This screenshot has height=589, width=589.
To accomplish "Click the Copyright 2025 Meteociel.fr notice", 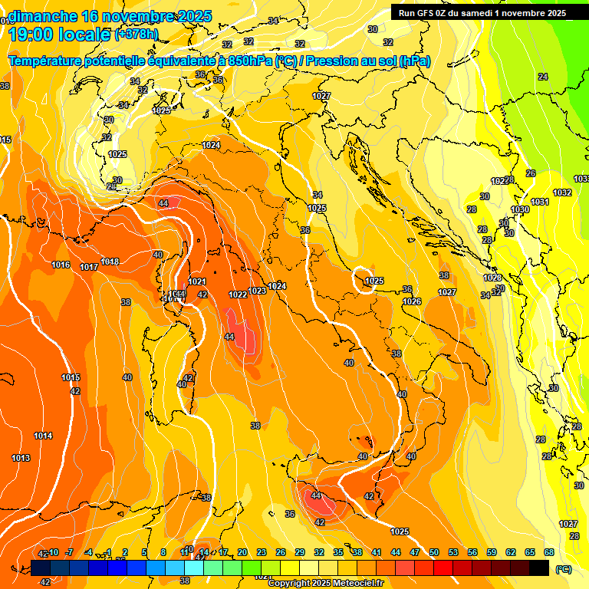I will pos(325,583).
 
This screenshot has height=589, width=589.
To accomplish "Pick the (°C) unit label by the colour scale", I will pos(563,570).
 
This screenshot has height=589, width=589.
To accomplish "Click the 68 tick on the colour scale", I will pos(549,552).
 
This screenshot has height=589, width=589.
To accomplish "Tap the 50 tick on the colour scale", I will pos(434,552).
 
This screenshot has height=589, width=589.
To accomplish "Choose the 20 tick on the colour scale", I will pos(242,552).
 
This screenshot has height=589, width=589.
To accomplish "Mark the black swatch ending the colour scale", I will pos(539,568).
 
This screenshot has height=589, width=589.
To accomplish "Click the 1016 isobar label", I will pos(61,265).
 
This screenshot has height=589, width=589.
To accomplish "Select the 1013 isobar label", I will pos(21,458).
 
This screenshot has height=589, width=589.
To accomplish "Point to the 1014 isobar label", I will pos(43,436).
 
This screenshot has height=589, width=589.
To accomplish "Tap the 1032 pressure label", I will pos(562,192).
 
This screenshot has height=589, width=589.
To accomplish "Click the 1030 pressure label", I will pos(520,209).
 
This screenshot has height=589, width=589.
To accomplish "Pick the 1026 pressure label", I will pos(412,301).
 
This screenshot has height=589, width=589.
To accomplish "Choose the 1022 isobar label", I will pos(238,294).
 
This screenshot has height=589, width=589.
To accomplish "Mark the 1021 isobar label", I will pos(197,281).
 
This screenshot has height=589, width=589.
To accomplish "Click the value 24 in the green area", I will pos(543,77).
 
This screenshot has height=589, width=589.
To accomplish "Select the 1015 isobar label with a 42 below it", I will pos(71,377).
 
